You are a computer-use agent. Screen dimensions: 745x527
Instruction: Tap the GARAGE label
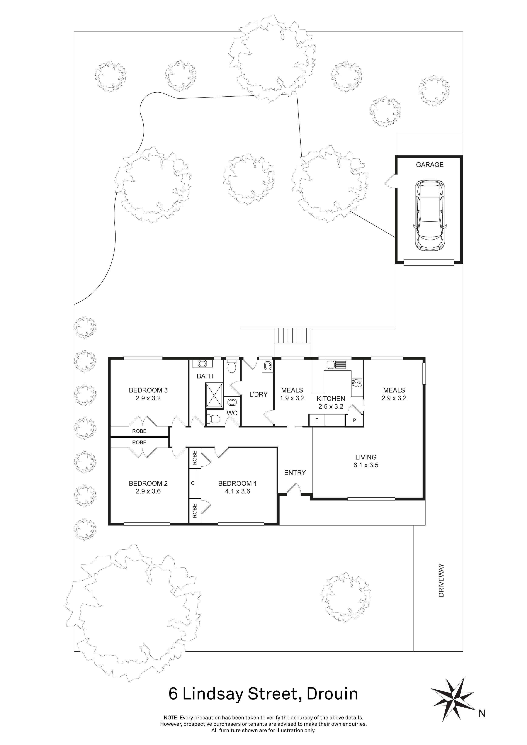coord(430,165)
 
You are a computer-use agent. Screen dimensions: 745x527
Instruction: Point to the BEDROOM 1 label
coord(237,484)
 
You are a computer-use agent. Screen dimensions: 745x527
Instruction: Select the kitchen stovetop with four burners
coord(357,383)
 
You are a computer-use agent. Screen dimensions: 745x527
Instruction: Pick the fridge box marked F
coord(317,420)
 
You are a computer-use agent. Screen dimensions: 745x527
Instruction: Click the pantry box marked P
coord(354,420)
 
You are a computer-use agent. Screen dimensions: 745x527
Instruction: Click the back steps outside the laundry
coord(292,335)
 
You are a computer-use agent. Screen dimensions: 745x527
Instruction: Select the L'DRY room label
coord(258,395)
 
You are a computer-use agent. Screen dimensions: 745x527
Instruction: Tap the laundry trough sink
coord(268,366)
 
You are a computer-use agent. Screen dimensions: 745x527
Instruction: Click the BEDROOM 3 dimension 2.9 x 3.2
coord(148,398)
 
